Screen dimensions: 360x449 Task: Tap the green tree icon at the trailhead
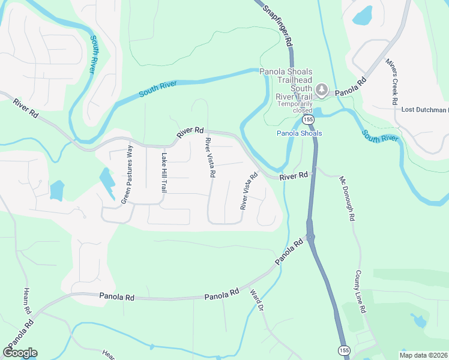coord(322,90)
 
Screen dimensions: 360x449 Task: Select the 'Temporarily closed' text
coord(294,107)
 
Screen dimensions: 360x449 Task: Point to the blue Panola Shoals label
coord(299,133)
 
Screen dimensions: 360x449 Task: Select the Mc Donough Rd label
coord(348,196)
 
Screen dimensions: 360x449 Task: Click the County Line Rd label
coord(360,292)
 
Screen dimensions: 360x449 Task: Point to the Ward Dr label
coord(256,299)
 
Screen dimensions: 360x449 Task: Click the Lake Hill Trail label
coord(163,172)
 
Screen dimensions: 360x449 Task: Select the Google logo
coord(20,353)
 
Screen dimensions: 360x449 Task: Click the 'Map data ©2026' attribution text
coord(423,355)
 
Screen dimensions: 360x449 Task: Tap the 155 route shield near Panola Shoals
coord(308,120)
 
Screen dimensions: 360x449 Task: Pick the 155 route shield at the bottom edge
coord(343,350)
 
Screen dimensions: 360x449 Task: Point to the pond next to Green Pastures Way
coord(107,182)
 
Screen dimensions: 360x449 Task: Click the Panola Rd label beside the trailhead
coord(350,88)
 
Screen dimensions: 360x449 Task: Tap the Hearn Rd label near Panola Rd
coord(27,301)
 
